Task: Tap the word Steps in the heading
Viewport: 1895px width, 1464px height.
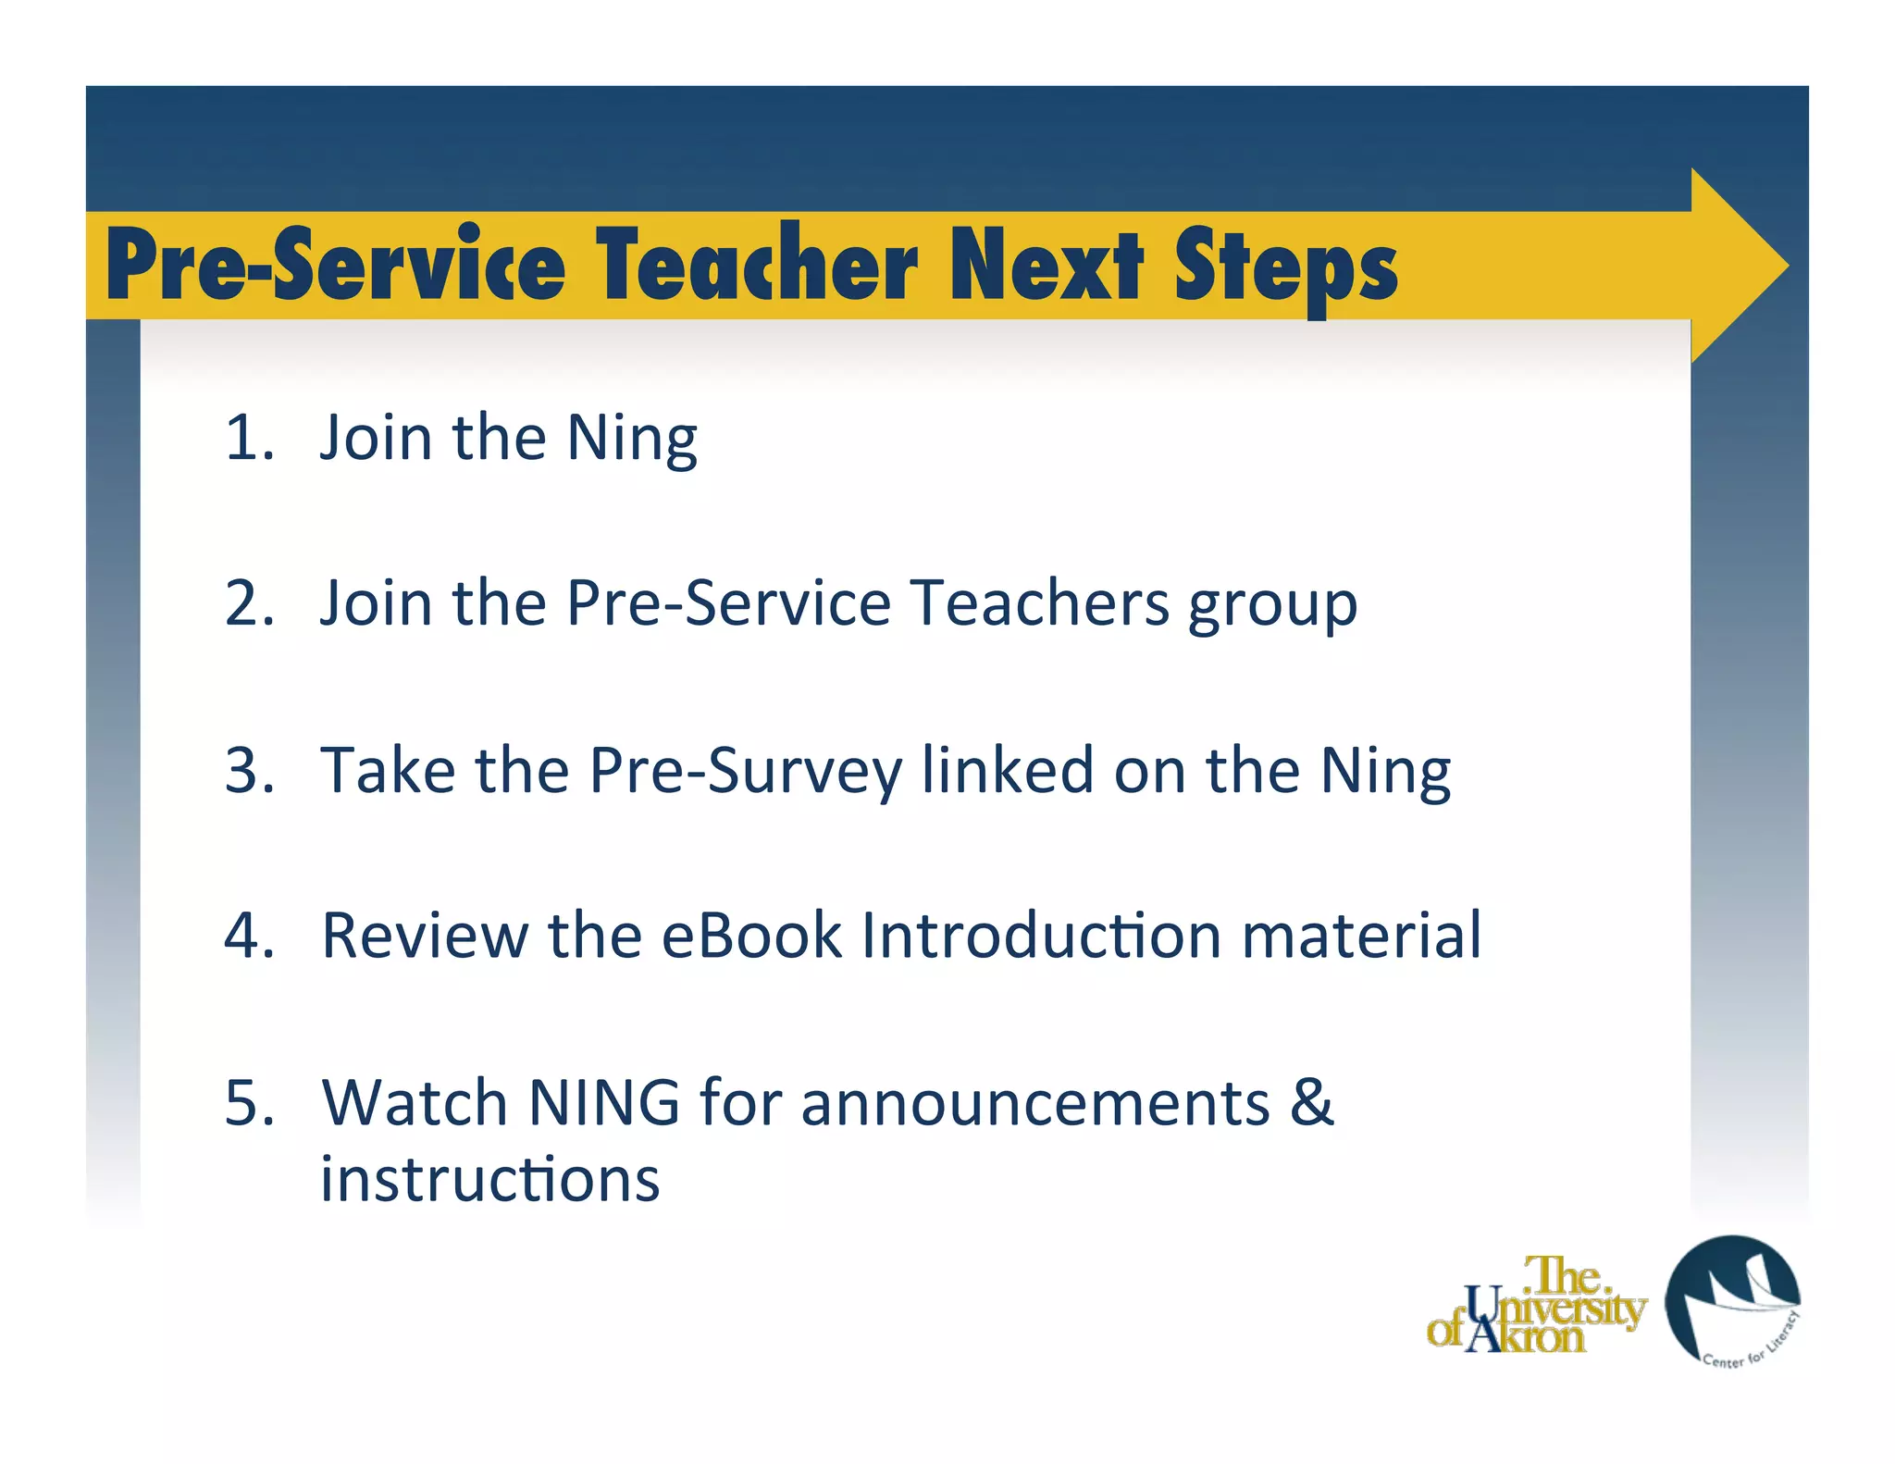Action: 1286,266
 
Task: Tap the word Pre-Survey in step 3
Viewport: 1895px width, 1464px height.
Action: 746,772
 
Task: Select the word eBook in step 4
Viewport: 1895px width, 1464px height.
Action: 750,936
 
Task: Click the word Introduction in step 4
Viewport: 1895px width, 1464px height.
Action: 1041,936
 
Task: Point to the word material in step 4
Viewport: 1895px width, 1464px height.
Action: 1361,936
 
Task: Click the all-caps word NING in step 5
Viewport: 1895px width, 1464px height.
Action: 603,1103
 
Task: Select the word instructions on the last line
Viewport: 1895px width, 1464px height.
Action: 489,1179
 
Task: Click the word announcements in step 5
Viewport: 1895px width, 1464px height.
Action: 1034,1103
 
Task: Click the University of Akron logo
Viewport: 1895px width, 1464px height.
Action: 1536,1306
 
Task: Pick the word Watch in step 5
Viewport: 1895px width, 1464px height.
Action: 415,1103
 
